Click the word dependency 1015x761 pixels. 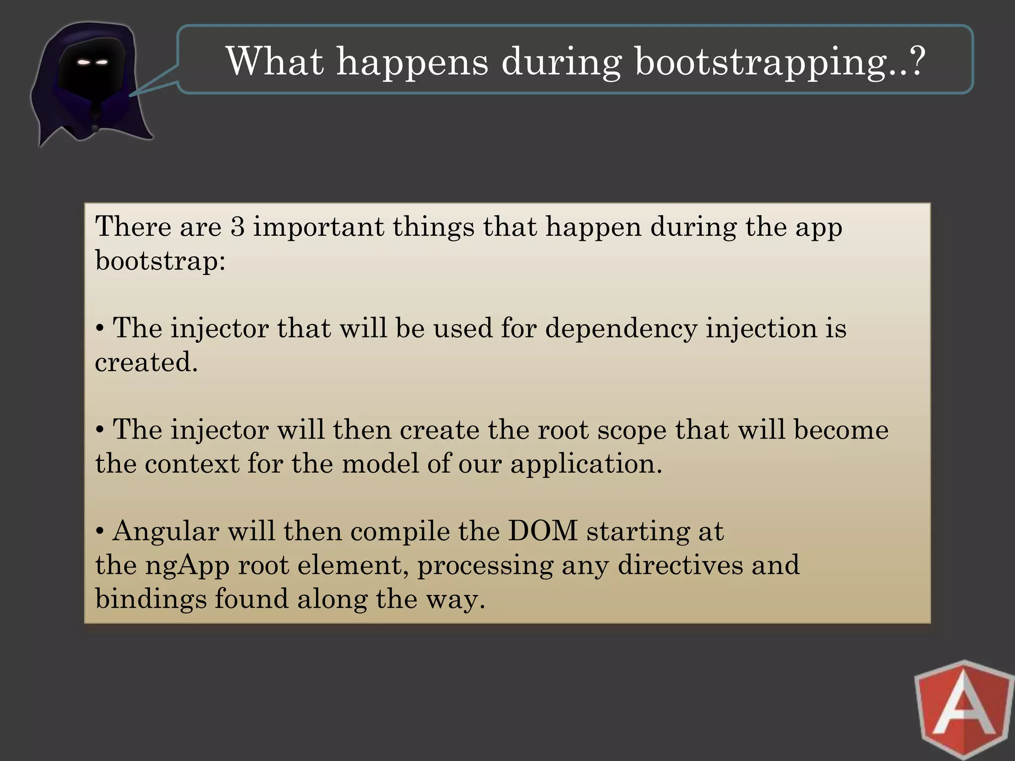[620, 329]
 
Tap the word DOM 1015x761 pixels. [543, 531]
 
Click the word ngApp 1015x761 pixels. [187, 565]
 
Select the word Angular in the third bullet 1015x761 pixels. [166, 532]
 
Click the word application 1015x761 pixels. [586, 464]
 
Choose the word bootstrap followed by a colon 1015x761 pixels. [160, 261]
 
